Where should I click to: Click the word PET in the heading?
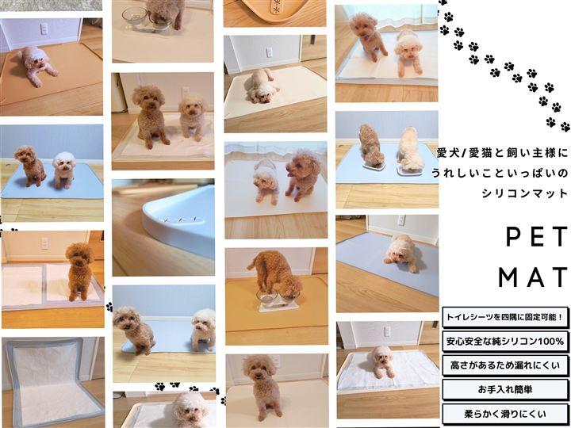pos(537,236)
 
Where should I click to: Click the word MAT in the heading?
pos(533,277)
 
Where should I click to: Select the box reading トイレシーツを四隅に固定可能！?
pos(505,317)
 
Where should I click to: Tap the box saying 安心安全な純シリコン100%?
pos(505,342)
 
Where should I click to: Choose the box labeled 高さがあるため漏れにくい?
pos(505,365)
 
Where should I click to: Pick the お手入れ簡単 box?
pos(505,389)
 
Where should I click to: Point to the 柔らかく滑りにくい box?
pos(505,414)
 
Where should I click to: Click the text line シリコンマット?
pos(525,193)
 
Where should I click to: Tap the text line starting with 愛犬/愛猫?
pos(502,153)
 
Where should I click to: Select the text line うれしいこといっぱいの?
pos(500,173)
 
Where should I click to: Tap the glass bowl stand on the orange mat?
pos(278,301)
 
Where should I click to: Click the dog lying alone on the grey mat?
pos(401,254)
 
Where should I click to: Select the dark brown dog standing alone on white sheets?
pos(79,271)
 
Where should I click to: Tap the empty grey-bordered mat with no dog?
pos(53,381)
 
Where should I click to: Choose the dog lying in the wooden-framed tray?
pos(383,361)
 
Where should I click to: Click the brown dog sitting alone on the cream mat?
pos(263,387)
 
